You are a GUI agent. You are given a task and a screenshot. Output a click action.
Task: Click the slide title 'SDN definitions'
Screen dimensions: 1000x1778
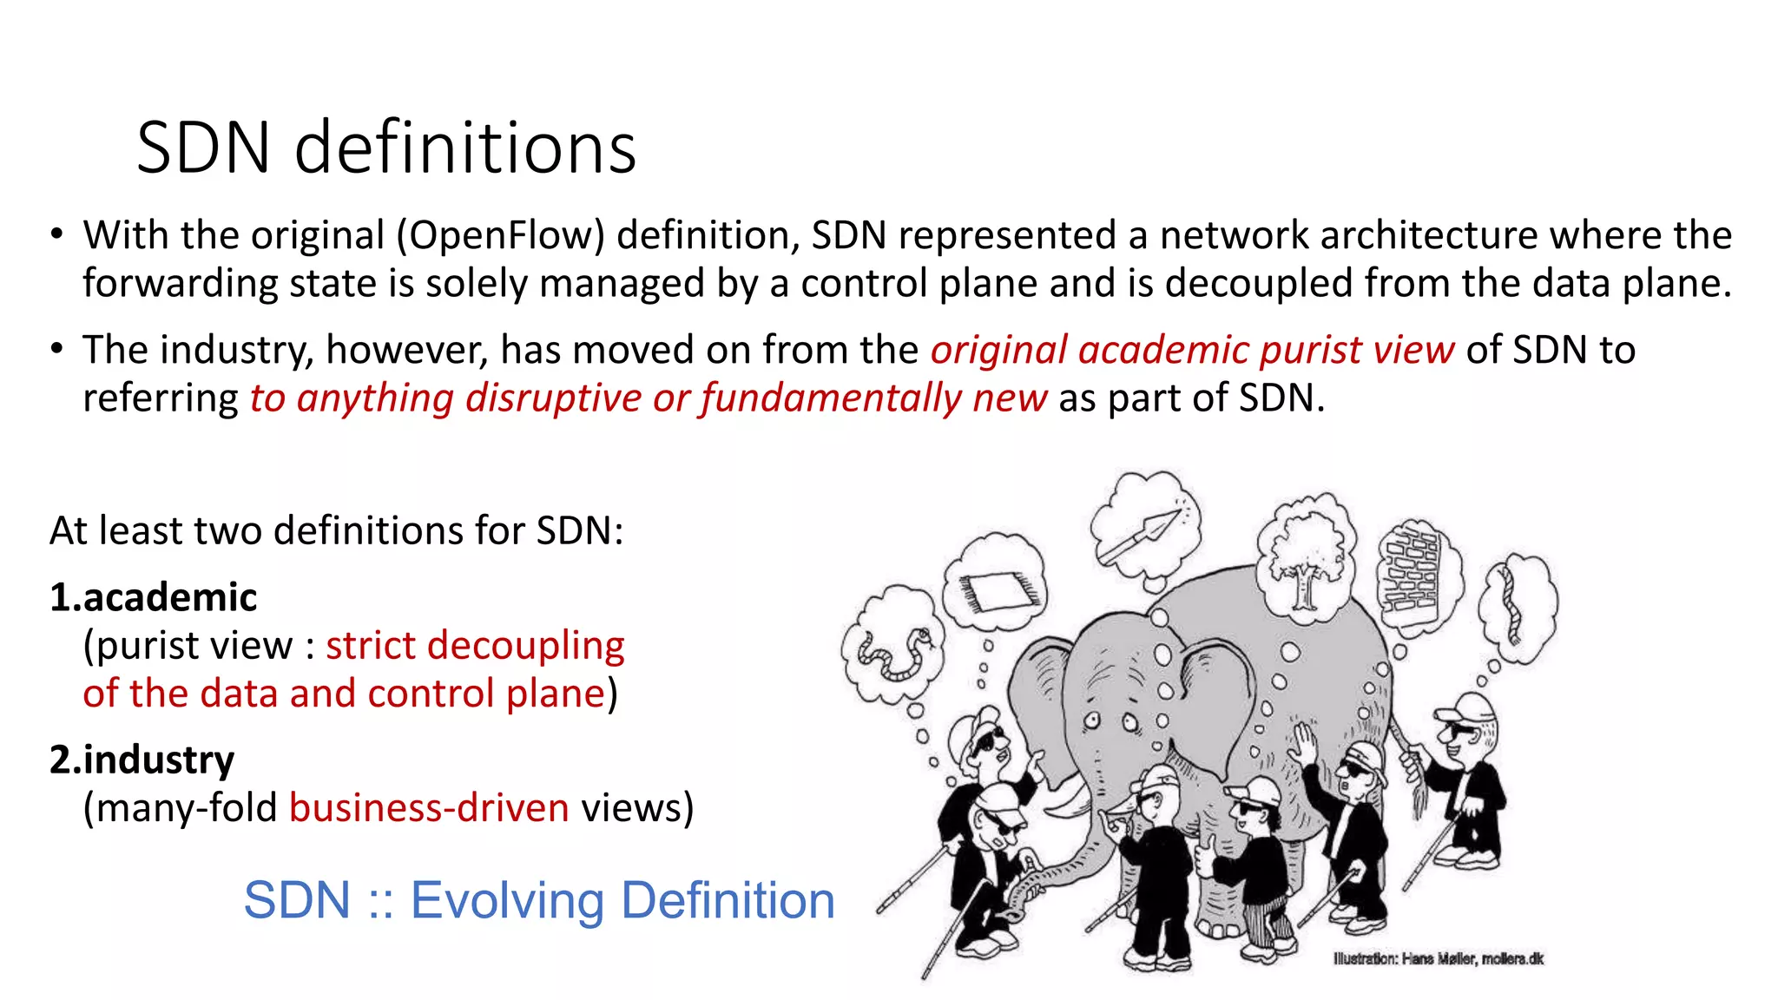click(x=386, y=148)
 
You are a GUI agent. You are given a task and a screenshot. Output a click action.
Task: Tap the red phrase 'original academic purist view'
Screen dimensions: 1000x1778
click(x=1192, y=350)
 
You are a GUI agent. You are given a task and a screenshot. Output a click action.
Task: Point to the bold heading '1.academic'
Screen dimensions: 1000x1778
click(x=154, y=597)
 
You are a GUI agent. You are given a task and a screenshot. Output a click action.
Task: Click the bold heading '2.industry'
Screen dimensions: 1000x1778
click(x=142, y=760)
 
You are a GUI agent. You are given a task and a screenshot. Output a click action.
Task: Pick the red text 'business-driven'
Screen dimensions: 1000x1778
click(x=429, y=808)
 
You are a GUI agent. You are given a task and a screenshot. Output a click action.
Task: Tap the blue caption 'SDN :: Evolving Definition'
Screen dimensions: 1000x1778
click(x=538, y=900)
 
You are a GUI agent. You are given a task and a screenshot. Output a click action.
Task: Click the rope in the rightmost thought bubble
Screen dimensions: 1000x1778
click(x=1511, y=607)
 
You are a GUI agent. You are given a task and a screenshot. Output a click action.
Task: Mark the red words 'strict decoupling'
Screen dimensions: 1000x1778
click(x=475, y=646)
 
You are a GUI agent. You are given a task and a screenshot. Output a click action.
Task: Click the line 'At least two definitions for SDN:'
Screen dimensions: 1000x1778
click(x=337, y=530)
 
